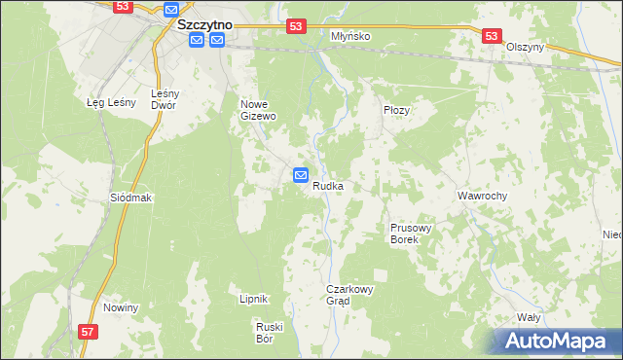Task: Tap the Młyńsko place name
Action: [351, 36]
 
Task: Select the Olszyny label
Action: [525, 47]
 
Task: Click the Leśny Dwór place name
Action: [163, 99]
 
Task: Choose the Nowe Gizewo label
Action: [259, 109]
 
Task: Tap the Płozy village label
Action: [397, 110]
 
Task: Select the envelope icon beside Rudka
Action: [301, 175]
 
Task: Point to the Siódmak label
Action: [131, 197]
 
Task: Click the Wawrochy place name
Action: [483, 196]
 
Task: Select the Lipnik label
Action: [253, 299]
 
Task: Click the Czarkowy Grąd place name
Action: [350, 295]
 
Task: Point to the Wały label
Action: [529, 317]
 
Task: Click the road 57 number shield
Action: [89, 332]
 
